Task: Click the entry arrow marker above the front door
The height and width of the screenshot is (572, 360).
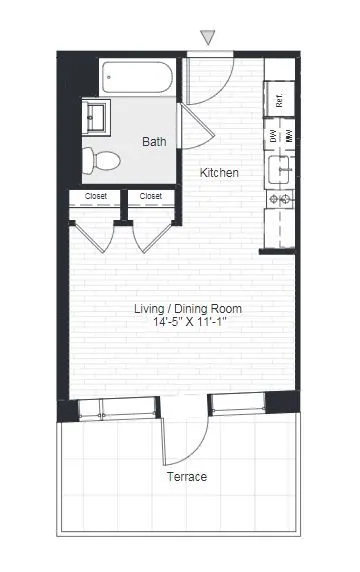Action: tap(208, 38)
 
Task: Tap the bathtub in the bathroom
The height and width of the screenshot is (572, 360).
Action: tap(140, 78)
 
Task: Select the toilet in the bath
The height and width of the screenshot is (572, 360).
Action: tap(101, 158)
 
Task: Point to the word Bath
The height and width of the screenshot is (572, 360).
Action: tap(154, 142)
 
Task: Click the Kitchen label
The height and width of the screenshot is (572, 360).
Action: tap(219, 173)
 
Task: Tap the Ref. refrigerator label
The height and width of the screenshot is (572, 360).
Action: tap(280, 100)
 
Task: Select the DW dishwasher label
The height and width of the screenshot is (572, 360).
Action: tap(272, 137)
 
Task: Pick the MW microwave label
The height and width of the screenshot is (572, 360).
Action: tap(289, 137)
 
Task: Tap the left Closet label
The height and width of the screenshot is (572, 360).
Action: tap(96, 196)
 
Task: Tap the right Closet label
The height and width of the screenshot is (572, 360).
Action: tap(151, 196)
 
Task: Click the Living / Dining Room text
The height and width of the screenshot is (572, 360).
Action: tap(188, 309)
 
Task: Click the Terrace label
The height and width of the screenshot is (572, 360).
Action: tap(186, 477)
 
